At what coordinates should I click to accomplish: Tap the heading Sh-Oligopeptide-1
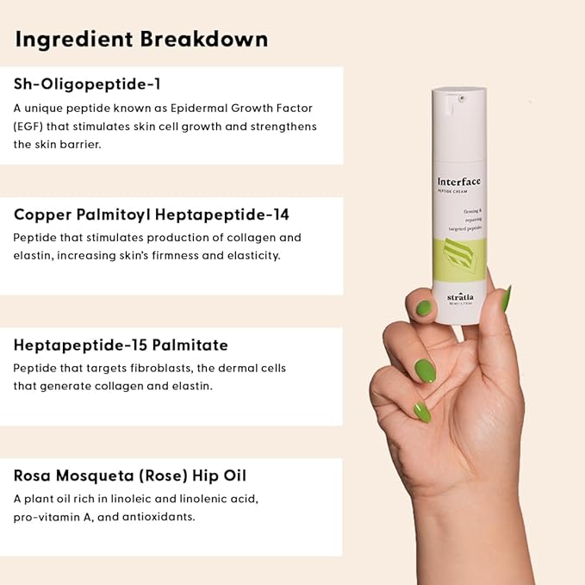point(87,84)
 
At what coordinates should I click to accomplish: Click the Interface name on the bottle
point(458,181)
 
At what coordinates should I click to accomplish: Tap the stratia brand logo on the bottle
point(461,297)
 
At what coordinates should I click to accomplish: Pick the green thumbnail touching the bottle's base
point(425,308)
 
